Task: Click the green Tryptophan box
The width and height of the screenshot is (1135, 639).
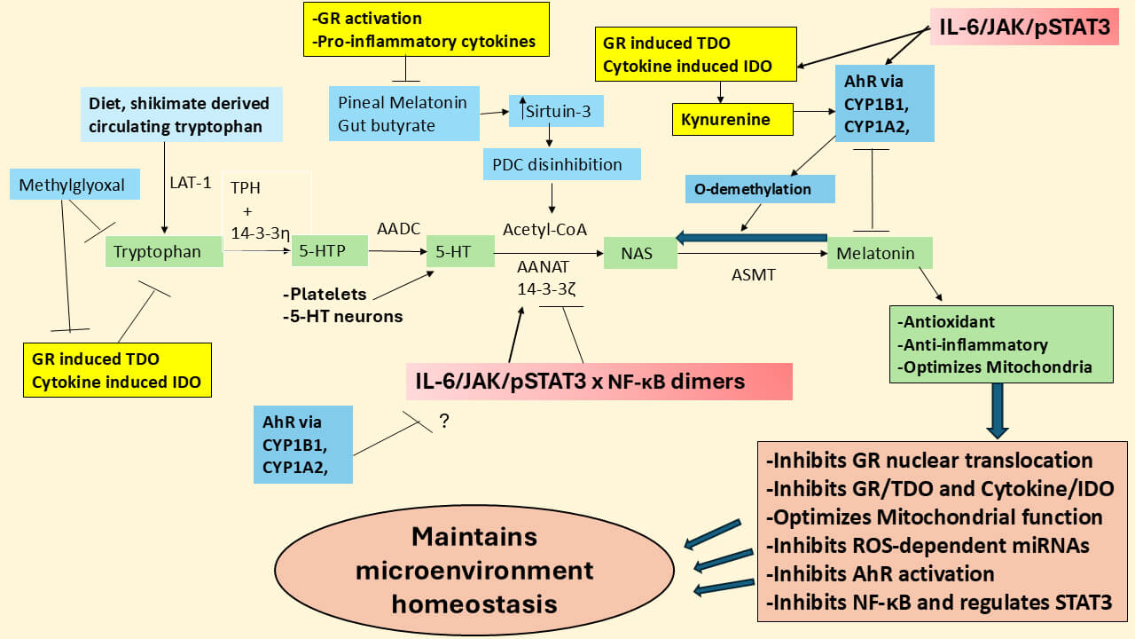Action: (162, 252)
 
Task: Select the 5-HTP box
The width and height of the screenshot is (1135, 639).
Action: (329, 252)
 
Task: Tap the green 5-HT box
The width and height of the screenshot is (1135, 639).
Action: (459, 252)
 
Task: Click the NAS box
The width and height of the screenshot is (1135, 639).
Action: (639, 254)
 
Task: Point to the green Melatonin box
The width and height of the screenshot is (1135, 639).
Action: (879, 253)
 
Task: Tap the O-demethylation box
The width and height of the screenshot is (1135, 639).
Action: (760, 189)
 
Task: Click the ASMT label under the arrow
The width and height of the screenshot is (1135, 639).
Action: (753, 275)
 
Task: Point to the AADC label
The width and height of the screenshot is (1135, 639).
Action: (397, 230)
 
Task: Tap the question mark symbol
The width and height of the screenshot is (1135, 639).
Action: (444, 422)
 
